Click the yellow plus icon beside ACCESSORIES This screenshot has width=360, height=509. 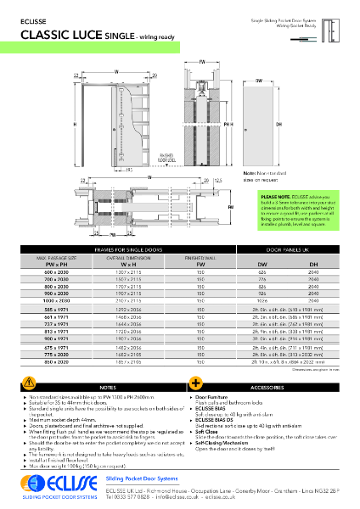[x=194, y=384]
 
